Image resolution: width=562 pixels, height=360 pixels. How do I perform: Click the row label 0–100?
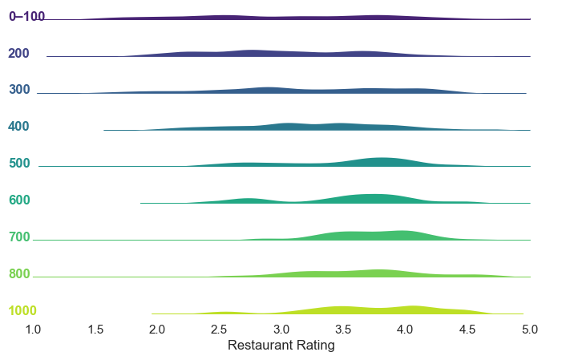[26, 17]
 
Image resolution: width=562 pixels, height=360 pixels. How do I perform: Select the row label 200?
[19, 54]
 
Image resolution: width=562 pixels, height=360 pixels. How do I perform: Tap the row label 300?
[19, 90]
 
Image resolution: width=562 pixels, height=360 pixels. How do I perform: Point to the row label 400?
[19, 127]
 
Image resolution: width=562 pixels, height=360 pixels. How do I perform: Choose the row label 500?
[19, 164]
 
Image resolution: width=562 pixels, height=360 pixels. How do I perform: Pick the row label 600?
[19, 200]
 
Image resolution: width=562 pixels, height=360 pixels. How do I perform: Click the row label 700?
[19, 237]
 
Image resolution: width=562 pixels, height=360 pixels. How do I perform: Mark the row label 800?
[19, 274]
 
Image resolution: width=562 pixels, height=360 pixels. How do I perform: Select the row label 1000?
[22, 311]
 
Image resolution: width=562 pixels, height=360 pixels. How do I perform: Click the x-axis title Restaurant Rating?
[281, 346]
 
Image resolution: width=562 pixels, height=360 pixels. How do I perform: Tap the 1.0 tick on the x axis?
[33, 329]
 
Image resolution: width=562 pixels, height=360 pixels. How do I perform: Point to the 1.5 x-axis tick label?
[95, 329]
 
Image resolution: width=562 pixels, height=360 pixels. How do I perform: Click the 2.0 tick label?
[157, 329]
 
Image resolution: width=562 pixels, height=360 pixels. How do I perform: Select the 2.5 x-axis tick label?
[219, 329]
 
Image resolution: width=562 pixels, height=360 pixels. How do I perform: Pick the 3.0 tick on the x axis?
[281, 329]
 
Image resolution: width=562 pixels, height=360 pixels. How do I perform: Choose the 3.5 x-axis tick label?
[343, 329]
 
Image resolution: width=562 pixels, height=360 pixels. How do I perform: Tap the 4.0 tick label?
[405, 329]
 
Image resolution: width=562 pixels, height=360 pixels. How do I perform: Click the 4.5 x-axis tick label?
[467, 329]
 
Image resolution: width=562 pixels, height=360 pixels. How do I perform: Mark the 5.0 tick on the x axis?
[529, 329]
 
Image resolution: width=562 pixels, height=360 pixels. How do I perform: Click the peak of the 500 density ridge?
[383, 159]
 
